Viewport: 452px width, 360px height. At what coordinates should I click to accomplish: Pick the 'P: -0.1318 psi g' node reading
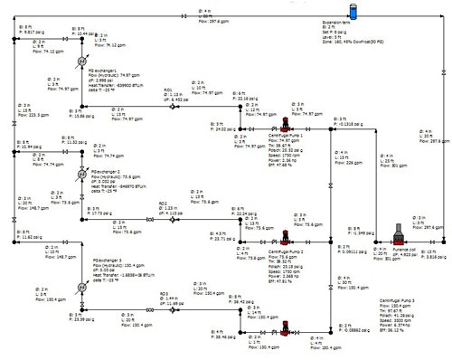coord(348,124)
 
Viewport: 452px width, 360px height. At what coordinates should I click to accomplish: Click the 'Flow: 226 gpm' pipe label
coord(355,164)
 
